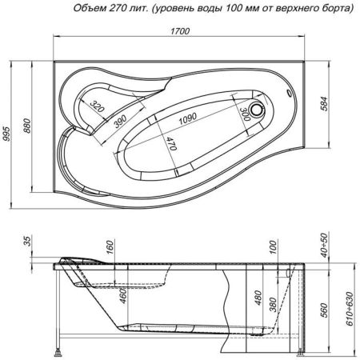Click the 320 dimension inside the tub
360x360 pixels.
[x=98, y=107]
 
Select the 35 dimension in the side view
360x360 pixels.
[x=28, y=240]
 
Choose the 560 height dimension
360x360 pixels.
[x=324, y=308]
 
